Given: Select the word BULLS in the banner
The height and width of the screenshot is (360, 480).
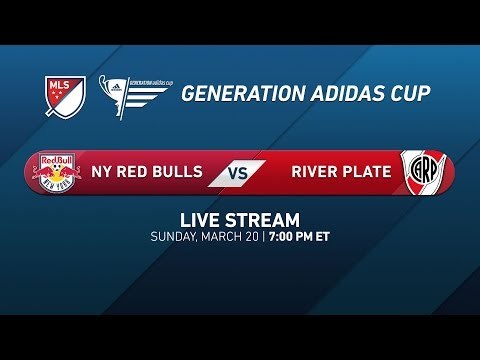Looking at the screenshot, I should tap(180, 171).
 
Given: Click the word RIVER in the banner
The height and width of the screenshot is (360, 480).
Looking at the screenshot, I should tap(316, 171).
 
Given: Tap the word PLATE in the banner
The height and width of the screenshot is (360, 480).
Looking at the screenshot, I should tap(368, 171).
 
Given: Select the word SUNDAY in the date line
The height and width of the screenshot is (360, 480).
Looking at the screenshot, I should tap(174, 237).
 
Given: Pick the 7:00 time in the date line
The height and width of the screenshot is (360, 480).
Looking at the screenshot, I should tap(284, 237).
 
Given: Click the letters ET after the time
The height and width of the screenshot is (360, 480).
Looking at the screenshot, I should tap(324, 237).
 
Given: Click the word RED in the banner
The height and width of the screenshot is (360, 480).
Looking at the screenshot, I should tap(135, 171).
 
